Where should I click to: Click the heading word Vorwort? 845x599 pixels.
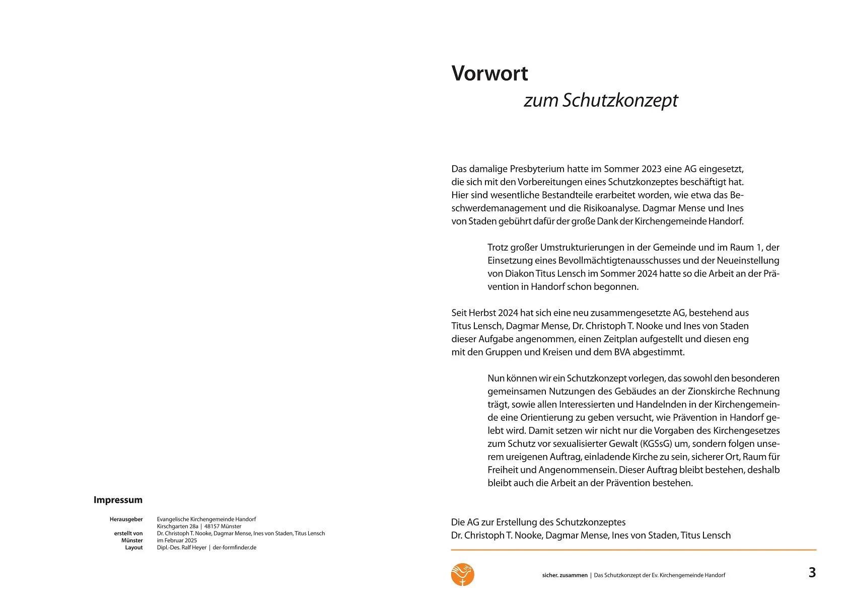click(489, 73)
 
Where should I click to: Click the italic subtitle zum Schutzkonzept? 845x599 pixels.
click(601, 100)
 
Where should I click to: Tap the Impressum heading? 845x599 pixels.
click(118, 500)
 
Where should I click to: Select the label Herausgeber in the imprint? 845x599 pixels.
click(126, 519)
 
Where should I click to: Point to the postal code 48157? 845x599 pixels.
click(212, 526)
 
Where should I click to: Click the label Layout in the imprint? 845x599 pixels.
click(134, 547)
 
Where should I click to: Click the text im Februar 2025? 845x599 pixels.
click(177, 540)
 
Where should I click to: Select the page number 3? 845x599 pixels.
click(812, 572)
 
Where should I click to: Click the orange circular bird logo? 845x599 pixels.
click(462, 574)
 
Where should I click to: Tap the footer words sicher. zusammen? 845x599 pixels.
click(565, 575)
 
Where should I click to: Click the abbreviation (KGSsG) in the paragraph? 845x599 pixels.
click(656, 443)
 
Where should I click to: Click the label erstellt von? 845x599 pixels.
click(128, 533)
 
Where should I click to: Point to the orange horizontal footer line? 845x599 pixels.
click(633, 550)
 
